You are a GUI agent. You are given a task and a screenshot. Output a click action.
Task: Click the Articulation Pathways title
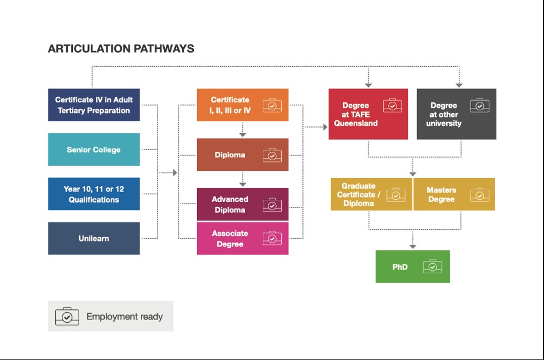point(121,48)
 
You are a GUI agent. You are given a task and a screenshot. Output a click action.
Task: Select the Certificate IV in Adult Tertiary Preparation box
point(94,105)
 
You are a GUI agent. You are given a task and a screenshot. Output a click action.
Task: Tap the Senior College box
point(94,149)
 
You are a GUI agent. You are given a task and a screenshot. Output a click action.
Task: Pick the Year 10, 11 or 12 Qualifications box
point(94,194)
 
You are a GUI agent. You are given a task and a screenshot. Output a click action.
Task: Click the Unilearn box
point(94,238)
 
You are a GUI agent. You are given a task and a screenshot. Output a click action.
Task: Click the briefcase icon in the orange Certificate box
point(272,105)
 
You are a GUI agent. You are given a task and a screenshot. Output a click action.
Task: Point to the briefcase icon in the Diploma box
point(272,155)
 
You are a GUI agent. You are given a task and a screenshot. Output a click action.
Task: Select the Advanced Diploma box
point(230,204)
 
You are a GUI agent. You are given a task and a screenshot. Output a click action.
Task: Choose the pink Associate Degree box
point(230,239)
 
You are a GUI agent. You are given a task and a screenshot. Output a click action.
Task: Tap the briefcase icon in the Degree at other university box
point(479,105)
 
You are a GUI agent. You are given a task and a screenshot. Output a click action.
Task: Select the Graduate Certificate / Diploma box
point(359,194)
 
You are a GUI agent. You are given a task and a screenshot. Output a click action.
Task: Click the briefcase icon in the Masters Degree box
point(479,195)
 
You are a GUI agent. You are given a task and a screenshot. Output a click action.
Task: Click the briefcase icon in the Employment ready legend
point(67,316)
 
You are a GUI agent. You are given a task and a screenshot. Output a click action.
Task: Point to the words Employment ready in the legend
point(125,317)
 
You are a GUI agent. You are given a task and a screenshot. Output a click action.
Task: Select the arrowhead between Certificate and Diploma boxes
point(243,134)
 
